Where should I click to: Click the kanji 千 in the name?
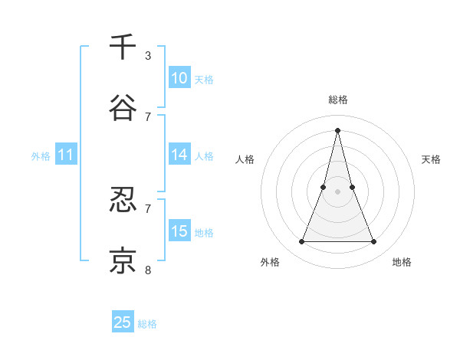[x=123, y=47]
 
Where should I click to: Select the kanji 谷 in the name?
[x=123, y=108]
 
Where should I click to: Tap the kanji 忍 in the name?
[x=123, y=201]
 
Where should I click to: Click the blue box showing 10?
[x=179, y=78]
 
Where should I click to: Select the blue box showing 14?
[x=179, y=155]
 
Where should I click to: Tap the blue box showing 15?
[x=179, y=231]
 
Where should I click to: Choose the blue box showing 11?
[x=66, y=155]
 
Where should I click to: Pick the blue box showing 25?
[x=123, y=322]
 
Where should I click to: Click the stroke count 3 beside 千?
[x=148, y=56]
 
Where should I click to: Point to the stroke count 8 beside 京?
[x=148, y=270]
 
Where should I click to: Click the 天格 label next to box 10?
[x=204, y=80]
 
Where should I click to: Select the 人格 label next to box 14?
[x=204, y=156]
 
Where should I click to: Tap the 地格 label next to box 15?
[x=204, y=233]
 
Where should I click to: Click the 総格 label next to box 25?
[x=147, y=324]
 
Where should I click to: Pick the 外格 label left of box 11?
[x=41, y=156]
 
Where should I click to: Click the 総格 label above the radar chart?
[x=337, y=100]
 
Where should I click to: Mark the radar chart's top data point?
[x=337, y=129]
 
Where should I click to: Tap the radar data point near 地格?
[x=374, y=242]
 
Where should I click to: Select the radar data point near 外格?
[x=301, y=242]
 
